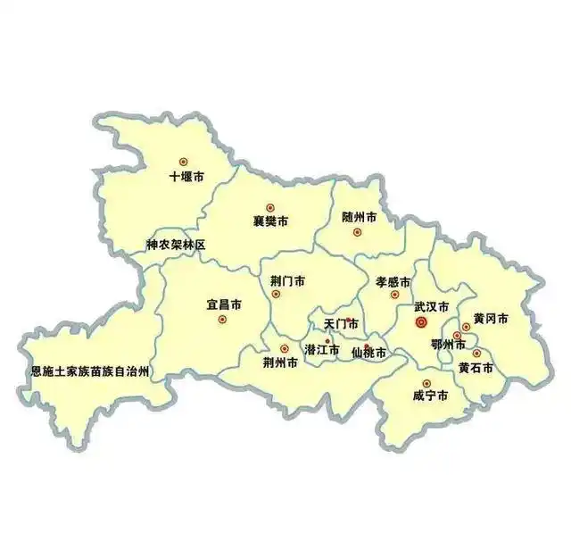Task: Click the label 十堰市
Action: (186, 177)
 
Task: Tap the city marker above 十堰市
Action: (186, 162)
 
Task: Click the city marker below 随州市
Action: (358, 232)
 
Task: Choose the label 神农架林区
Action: (177, 245)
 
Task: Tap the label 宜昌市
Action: (224, 304)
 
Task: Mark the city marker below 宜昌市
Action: (222, 319)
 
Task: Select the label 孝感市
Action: (393, 279)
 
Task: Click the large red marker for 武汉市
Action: (422, 323)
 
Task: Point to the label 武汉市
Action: (431, 306)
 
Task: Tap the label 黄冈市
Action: (491, 319)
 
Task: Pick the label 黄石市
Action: (476, 367)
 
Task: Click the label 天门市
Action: (341, 323)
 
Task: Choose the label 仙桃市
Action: (368, 354)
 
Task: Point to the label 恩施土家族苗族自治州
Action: (89, 371)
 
